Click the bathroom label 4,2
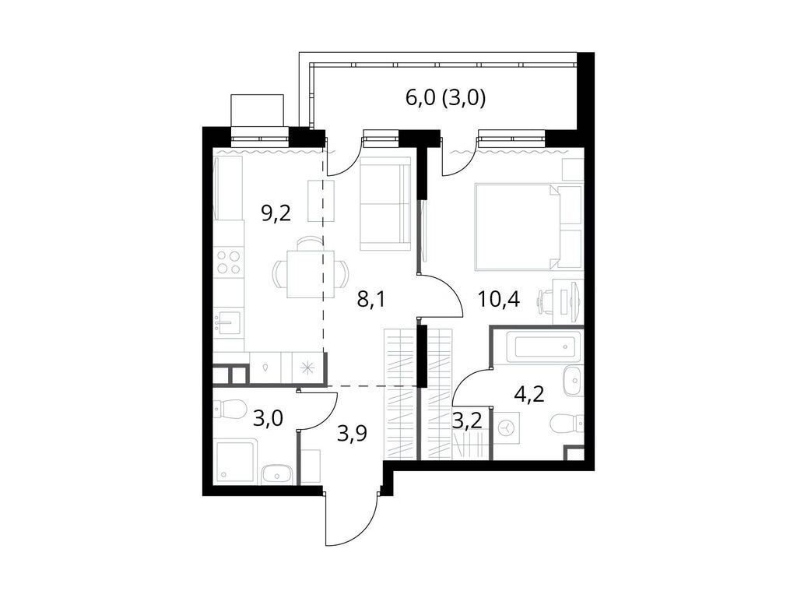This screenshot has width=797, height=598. pos(529,392)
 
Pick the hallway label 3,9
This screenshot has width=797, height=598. pos(353,434)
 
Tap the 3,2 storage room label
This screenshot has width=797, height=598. pos(468,421)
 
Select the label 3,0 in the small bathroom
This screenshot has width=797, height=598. pos(268,418)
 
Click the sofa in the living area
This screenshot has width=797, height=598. pos(385,203)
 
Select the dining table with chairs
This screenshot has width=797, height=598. pos(310,273)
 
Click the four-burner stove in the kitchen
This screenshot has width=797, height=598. pos(229,262)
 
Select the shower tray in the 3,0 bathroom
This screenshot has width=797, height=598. pos(234,462)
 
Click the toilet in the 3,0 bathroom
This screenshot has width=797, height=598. pos(229,407)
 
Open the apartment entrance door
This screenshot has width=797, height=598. pos(351,518)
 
